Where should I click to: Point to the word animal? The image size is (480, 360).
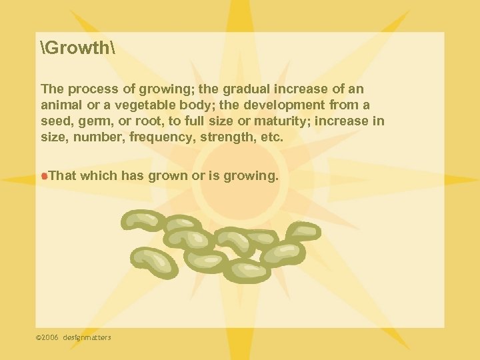coord(61,105)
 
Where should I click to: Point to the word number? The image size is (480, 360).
coord(91,137)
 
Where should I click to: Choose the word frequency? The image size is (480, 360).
coord(149,137)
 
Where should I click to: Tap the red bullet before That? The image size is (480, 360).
coord(44,176)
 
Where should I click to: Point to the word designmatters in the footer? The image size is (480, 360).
coord(87,337)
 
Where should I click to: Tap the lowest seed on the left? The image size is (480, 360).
coord(155,261)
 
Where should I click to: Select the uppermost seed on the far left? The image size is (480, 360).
coord(142,221)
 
